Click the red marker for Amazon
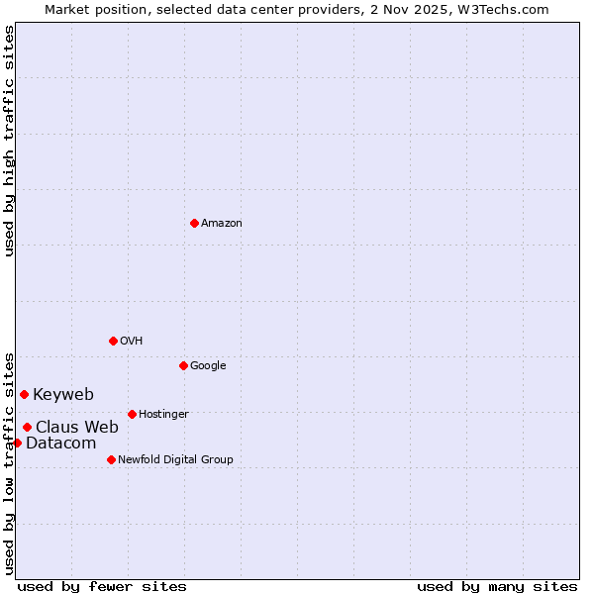[194, 223]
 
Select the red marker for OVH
[113, 341]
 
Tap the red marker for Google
[183, 365]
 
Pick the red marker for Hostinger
[132, 414]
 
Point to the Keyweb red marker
[24, 394]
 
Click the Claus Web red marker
[27, 427]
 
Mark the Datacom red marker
[17, 443]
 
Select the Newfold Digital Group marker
[111, 459]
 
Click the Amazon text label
[222, 224]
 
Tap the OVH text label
[132, 342]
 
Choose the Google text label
[208, 366]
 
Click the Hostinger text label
[163, 415]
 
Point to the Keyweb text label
[63, 395]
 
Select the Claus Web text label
[77, 428]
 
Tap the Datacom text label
[60, 444]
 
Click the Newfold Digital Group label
[175, 460]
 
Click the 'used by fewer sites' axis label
[102, 586]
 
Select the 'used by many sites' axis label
[497, 586]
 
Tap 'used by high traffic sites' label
[9, 141]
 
